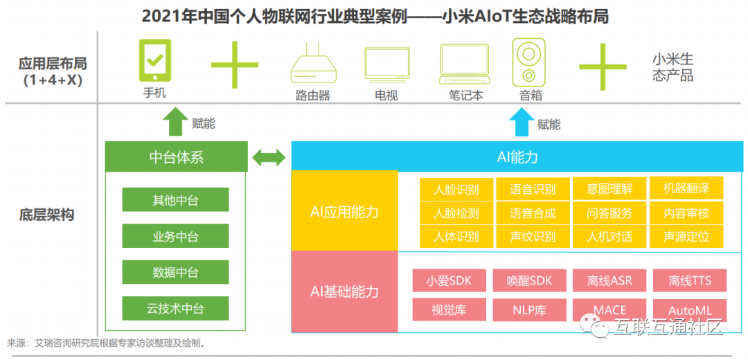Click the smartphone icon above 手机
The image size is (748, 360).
[154, 61]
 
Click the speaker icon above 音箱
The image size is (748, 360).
[528, 62]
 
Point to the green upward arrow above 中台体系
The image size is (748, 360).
[175, 123]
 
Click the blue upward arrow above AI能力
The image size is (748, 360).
[522, 123]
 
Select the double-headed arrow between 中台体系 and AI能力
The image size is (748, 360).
[269, 157]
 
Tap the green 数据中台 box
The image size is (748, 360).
[175, 272]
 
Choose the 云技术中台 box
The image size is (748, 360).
[175, 308]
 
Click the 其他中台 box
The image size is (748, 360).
[175, 200]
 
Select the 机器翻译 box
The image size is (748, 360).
[686, 188]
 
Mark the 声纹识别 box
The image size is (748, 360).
[533, 236]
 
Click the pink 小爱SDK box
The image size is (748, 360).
[449, 280]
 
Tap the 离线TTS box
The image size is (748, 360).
[689, 280]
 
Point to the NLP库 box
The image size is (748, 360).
[529, 309]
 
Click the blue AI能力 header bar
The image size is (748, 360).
[517, 156]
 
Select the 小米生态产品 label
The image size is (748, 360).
[672, 67]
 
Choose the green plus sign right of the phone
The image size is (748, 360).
[235, 64]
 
